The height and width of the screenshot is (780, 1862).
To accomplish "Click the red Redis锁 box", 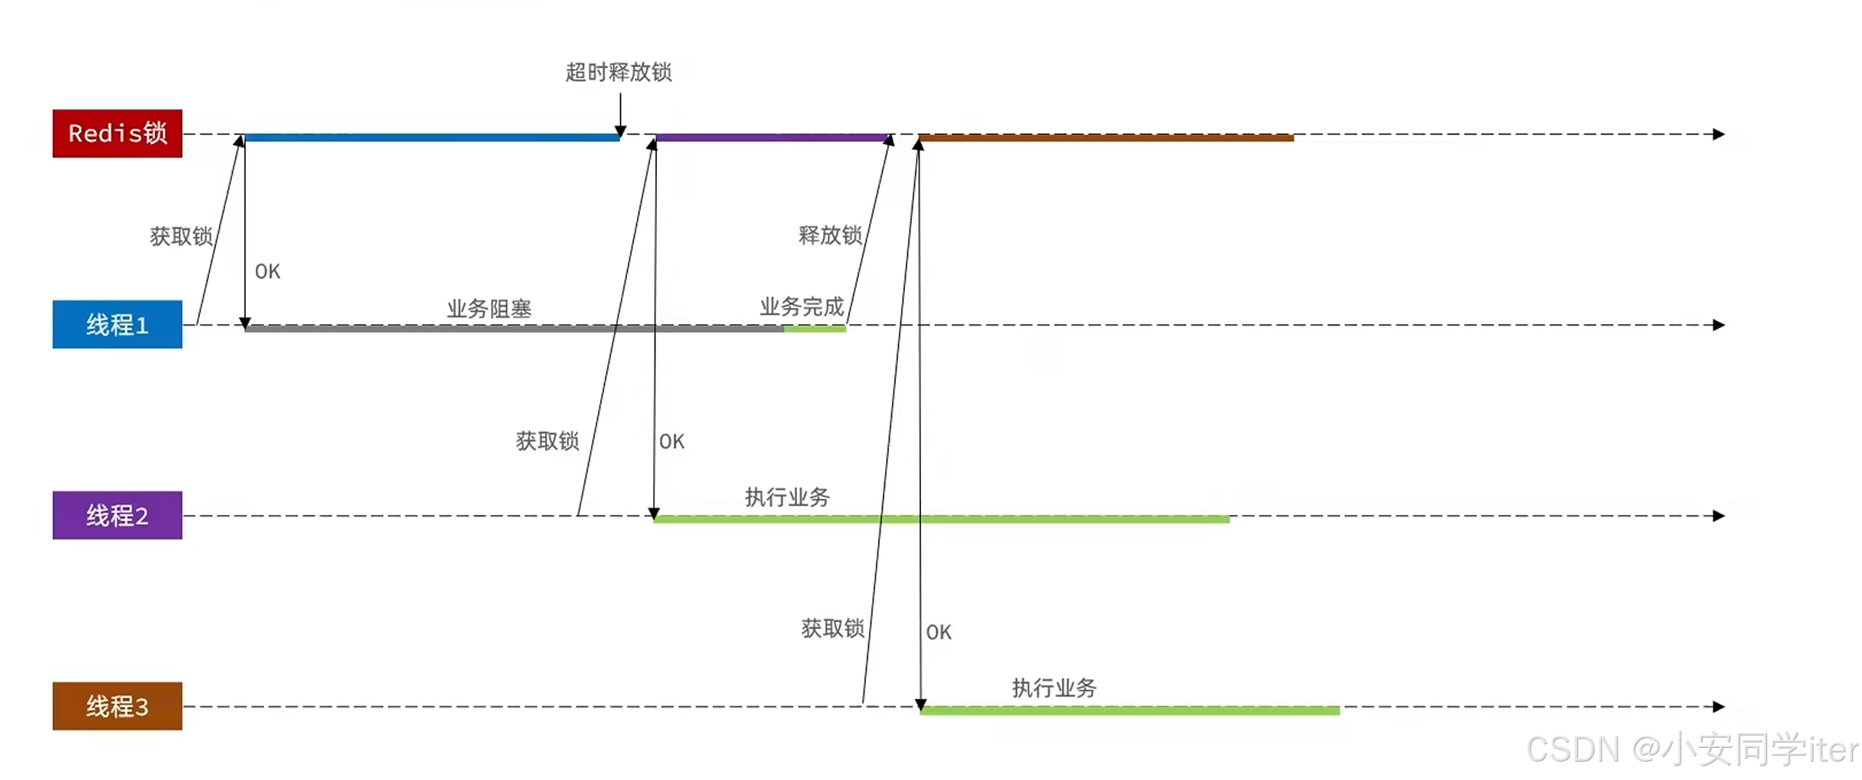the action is tap(117, 133).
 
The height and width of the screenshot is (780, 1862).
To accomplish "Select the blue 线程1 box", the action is tap(117, 324).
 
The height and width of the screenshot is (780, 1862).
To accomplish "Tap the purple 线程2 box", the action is tap(117, 515).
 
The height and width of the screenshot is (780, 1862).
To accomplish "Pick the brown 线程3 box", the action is tap(117, 706).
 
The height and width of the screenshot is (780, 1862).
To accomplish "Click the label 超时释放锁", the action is tap(619, 72).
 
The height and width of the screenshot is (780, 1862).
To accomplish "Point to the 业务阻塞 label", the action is tap(489, 309).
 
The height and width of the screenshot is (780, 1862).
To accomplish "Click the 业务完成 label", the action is tap(802, 306).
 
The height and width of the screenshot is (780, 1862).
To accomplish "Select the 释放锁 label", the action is tap(830, 234).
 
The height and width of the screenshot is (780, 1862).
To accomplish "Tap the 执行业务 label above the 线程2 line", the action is tap(787, 497).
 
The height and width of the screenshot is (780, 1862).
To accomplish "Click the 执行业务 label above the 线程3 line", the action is tap(1054, 688).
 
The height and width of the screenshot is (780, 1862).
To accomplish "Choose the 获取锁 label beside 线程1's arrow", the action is tap(181, 236).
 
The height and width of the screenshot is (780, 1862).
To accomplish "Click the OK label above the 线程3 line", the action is tap(939, 632).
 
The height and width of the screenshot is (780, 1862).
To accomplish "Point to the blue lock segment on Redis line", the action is tap(432, 138).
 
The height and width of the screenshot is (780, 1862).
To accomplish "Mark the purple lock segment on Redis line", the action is tap(771, 138).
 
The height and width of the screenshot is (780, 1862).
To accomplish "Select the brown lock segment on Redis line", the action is tap(1106, 138).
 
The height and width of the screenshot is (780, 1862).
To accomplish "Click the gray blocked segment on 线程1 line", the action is tap(513, 329).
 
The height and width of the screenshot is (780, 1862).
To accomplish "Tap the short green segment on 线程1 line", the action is tap(815, 329).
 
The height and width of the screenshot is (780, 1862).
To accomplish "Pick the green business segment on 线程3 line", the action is tap(1130, 711).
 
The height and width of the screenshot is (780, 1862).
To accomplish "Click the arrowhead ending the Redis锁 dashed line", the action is tap(1719, 134).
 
